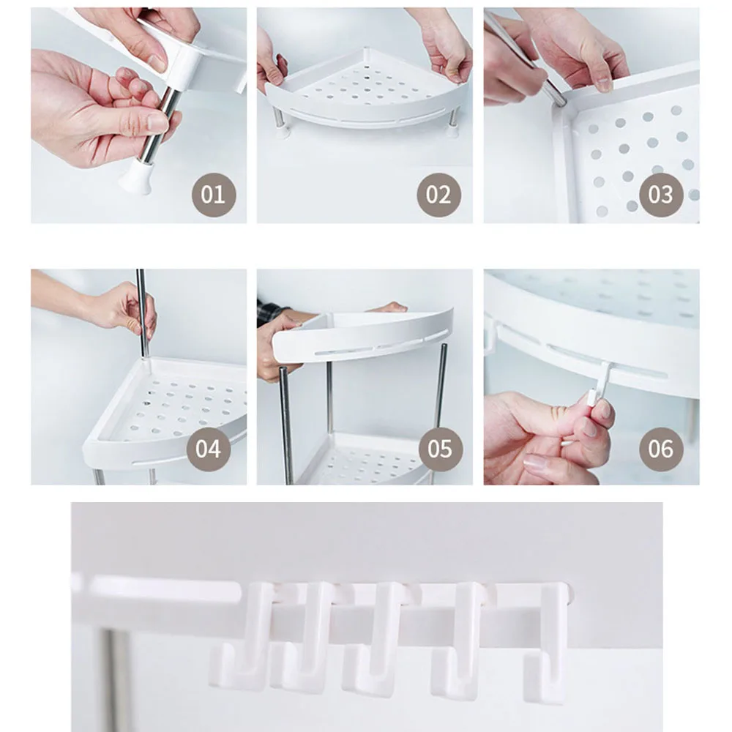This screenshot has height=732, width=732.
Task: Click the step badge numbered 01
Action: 213,195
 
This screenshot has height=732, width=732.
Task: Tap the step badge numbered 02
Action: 438,195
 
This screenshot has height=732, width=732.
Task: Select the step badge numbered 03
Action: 661,195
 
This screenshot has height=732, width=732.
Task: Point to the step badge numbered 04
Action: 208,449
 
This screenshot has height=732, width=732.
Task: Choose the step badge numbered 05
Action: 440,449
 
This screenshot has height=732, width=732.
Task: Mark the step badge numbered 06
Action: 661,449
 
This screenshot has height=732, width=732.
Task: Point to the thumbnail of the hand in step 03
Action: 604,84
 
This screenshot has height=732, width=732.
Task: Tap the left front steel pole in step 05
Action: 286,425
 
